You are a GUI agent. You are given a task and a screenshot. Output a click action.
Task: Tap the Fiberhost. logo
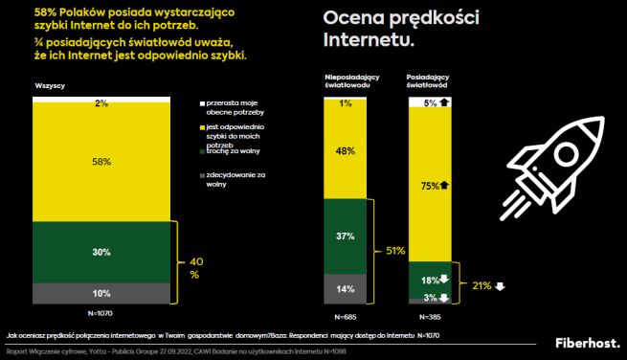587,342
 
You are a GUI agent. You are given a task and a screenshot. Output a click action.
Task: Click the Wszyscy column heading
50,86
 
